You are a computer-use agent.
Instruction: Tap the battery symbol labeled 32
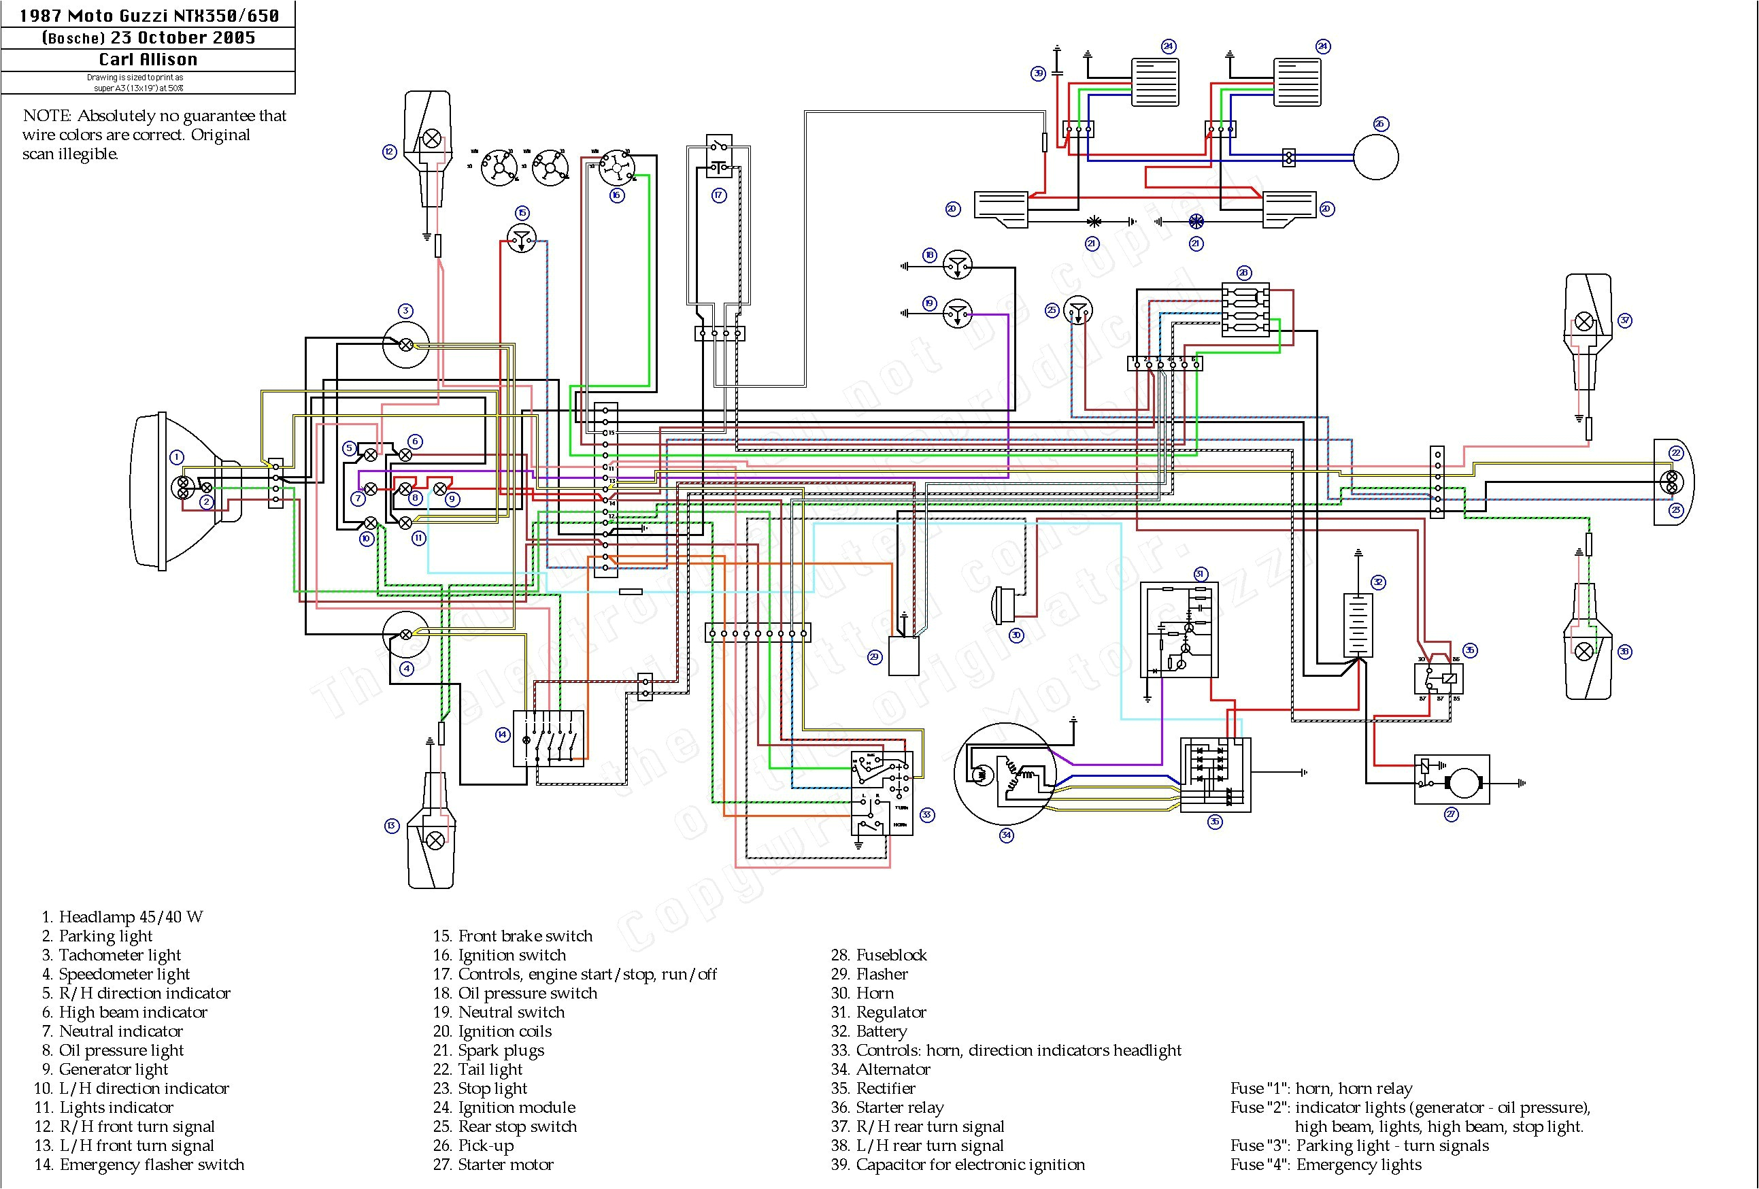1358,624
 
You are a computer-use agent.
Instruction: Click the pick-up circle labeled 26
1375,157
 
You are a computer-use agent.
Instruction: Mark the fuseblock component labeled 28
1245,309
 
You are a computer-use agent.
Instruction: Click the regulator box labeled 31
1179,630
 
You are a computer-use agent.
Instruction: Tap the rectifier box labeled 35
1215,775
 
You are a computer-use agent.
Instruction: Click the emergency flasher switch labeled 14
549,738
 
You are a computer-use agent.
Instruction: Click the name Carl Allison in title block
148,60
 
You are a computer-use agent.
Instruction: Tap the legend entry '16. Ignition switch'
512,955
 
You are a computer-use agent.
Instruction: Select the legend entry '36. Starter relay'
899,1107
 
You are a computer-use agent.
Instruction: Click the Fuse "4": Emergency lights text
1325,1165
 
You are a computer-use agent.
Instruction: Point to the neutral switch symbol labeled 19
958,313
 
